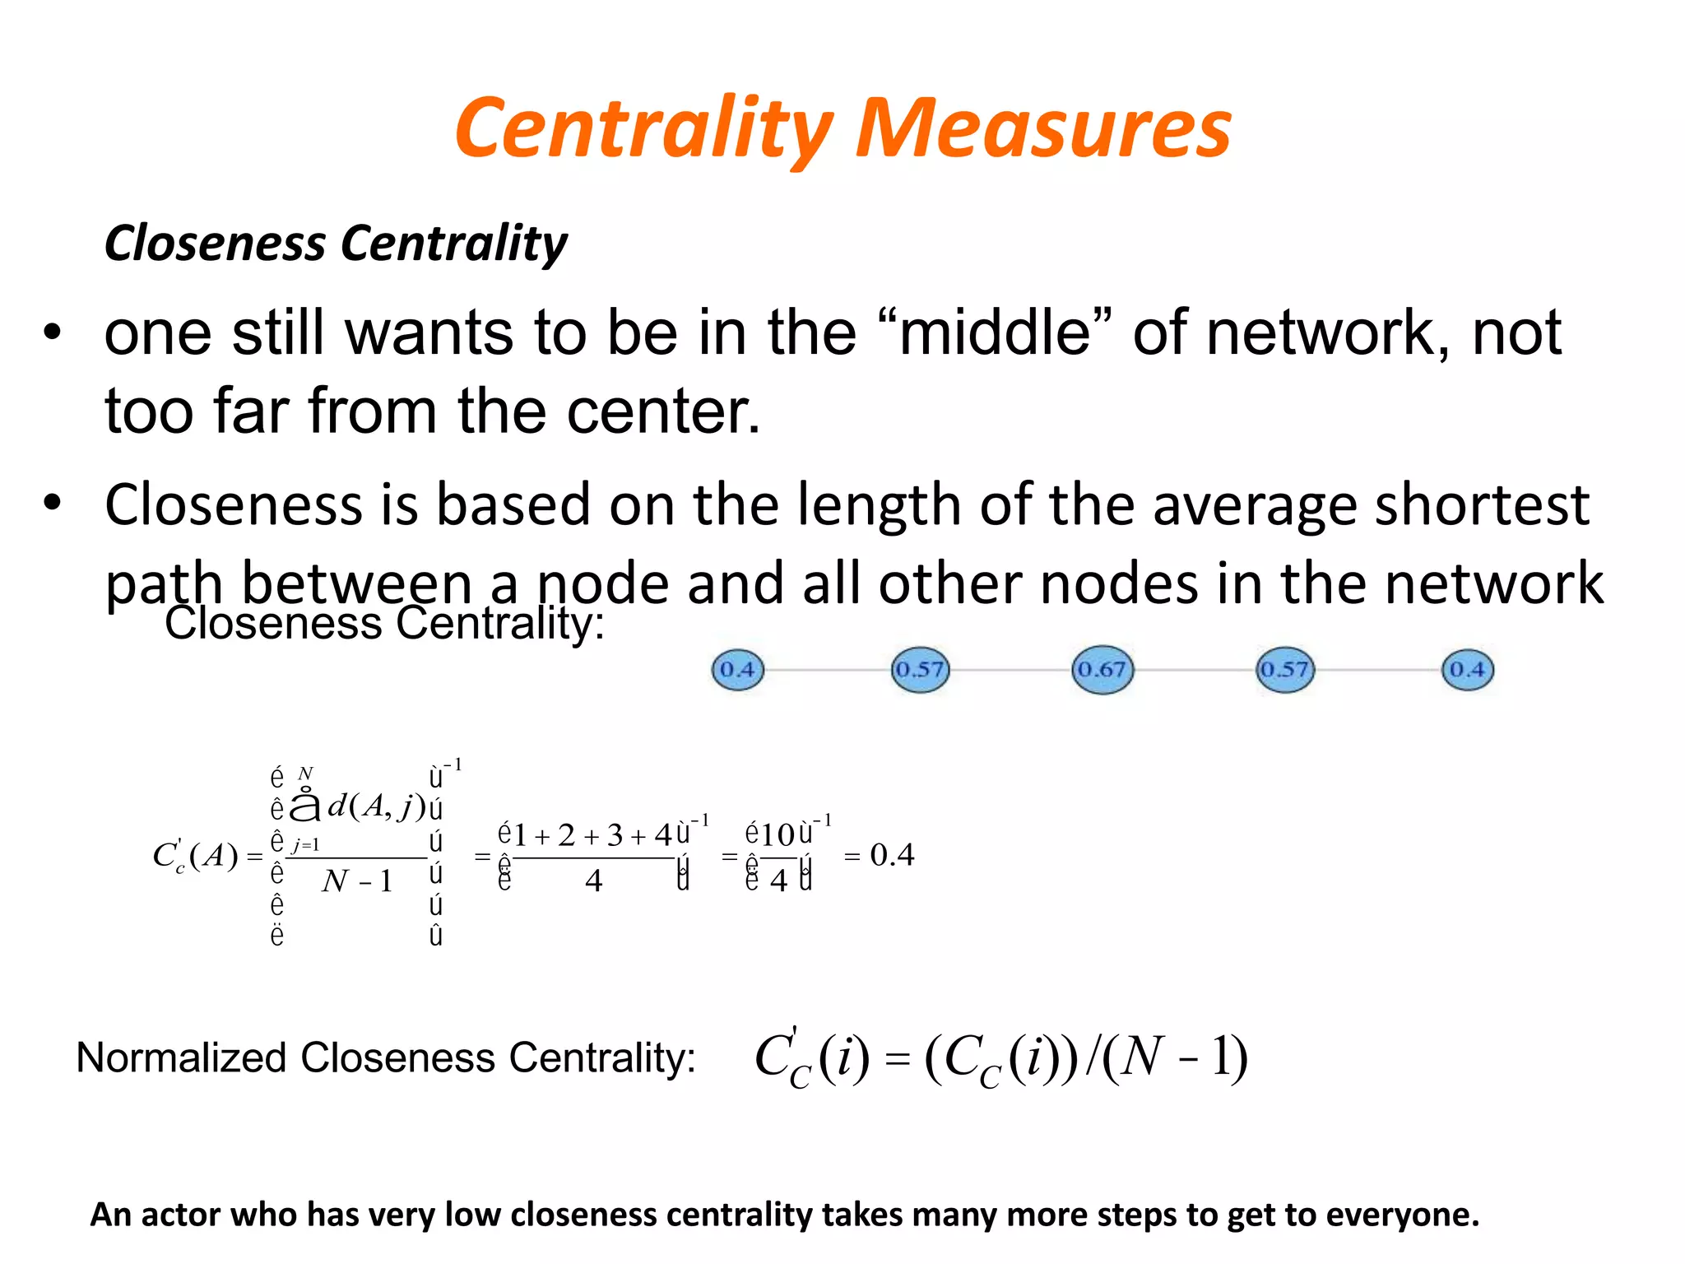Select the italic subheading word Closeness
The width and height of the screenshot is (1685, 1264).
coord(216,244)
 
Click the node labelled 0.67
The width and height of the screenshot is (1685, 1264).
coord(1102,670)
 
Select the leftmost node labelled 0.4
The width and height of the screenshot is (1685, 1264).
coord(737,670)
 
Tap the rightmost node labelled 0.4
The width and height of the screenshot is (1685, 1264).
coord(1468,670)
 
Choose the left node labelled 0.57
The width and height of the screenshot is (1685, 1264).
coord(920,670)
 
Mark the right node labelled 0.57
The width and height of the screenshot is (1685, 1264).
coord(1285,670)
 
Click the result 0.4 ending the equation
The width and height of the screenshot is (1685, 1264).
coord(892,855)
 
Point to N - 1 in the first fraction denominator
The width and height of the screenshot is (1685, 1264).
coord(357,881)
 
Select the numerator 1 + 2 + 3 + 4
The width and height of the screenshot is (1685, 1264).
coord(593,836)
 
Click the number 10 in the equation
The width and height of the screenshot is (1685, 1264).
coord(778,836)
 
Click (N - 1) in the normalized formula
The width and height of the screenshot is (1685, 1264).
coord(1175,1057)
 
